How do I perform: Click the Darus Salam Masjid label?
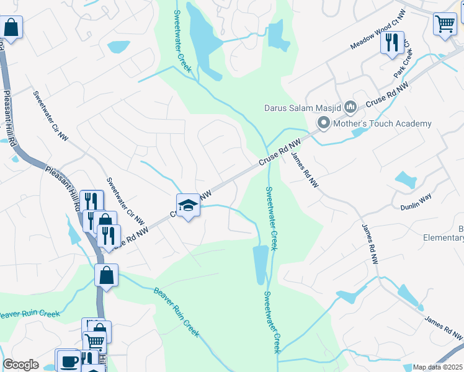pyautogui.click(x=303, y=108)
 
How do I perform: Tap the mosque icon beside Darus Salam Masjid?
pyautogui.click(x=350, y=108)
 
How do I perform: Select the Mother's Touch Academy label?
pyautogui.click(x=382, y=123)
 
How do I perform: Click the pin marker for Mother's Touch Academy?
pyautogui.click(x=323, y=124)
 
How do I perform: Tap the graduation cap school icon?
pyautogui.click(x=188, y=205)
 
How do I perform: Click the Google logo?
pyautogui.click(x=20, y=365)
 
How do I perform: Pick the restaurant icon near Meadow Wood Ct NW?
pyautogui.click(x=392, y=43)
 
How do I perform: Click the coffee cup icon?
pyautogui.click(x=68, y=360)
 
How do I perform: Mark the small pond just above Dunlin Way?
pyautogui.click(x=406, y=180)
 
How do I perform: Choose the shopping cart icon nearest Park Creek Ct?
pyautogui.click(x=445, y=25)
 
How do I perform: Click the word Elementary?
pyautogui.click(x=444, y=237)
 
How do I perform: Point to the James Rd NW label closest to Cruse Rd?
pyautogui.click(x=304, y=170)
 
